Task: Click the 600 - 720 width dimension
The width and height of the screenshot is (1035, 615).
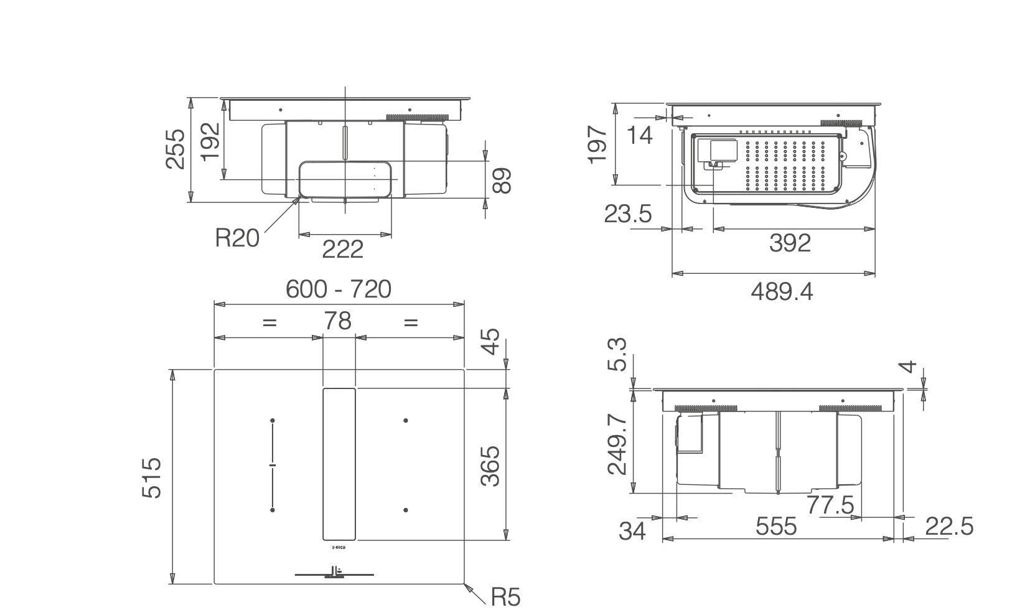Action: pos(339,289)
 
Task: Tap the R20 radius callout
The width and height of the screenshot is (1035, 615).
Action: pos(237,238)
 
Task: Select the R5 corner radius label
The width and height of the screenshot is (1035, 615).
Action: pos(505,598)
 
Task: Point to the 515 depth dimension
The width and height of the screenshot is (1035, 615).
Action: pos(152,477)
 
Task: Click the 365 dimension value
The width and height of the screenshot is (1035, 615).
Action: pos(490,466)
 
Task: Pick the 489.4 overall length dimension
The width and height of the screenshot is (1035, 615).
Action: pos(782,291)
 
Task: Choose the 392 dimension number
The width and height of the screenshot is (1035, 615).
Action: pos(790,243)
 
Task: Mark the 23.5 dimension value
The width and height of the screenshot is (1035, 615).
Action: pos(627,214)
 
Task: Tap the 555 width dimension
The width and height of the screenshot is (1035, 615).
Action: pos(776,527)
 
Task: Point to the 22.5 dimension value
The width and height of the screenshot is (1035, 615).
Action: pos(949,527)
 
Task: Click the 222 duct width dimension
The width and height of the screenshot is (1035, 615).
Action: pos(342,250)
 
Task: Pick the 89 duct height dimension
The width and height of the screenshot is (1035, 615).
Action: pos(502,181)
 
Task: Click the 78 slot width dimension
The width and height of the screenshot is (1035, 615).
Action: pos(337,321)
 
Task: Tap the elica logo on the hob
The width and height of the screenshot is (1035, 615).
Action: pos(339,548)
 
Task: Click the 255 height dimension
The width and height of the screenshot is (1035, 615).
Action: pos(176,149)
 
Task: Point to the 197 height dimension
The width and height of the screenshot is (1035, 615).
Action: pos(597,144)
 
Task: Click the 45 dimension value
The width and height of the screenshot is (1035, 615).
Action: pos(492,341)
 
